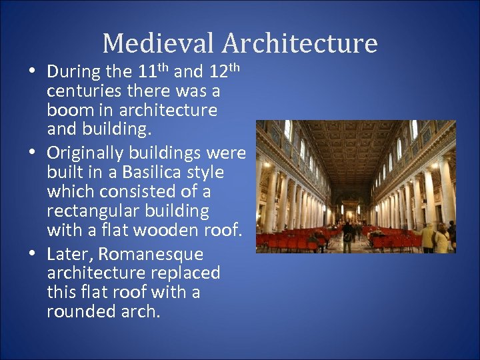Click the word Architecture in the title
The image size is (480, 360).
point(299,43)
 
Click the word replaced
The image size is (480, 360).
point(186,273)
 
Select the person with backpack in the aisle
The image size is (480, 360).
point(347,233)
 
